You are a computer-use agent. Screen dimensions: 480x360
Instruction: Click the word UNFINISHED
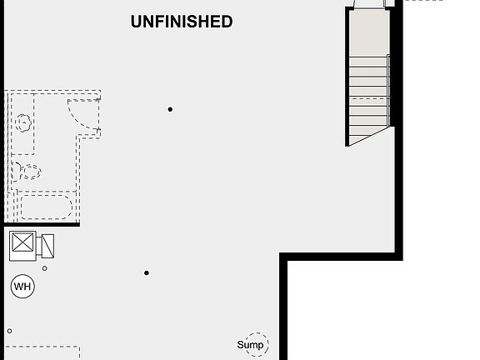point(182,22)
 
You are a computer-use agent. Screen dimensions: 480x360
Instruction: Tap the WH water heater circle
point(22,286)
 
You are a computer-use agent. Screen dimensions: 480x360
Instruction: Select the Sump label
point(250,345)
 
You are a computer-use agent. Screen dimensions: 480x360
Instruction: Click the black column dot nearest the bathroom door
point(170,109)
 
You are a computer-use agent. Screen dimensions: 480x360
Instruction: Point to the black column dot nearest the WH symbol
point(147,272)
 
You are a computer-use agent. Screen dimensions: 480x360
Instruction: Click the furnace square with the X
point(22,242)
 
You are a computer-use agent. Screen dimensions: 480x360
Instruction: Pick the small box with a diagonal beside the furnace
point(47,246)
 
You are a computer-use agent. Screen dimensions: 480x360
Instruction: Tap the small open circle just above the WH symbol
point(45,268)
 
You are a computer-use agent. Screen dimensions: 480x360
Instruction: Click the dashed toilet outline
point(27,172)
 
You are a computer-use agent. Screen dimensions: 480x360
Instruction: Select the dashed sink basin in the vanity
point(23,122)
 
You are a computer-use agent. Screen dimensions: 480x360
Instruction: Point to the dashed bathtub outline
point(46,207)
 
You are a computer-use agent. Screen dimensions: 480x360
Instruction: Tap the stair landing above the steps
point(369,33)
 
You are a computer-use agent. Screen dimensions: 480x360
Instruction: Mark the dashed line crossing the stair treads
point(369,98)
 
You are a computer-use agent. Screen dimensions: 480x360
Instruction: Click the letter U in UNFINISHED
point(136,22)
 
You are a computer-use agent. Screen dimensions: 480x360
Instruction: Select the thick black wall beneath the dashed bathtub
point(42,225)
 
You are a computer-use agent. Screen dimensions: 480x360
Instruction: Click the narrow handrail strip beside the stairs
point(388,90)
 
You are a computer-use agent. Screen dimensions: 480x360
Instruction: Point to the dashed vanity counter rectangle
point(22,124)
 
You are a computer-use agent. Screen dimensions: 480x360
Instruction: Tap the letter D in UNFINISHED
point(227,22)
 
